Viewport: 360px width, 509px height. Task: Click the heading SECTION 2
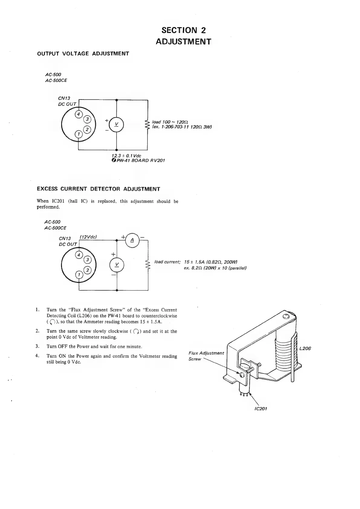coord(183,30)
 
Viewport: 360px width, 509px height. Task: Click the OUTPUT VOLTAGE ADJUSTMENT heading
coord(83,54)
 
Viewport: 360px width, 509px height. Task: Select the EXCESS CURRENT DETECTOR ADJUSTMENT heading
coord(98,189)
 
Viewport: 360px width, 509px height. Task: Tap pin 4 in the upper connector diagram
coord(79,114)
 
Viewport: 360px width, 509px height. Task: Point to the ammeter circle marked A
coord(132,240)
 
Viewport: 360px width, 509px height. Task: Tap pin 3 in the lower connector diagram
coord(88,260)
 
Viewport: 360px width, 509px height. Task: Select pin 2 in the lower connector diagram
coord(87,270)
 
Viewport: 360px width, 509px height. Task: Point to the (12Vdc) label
coord(88,237)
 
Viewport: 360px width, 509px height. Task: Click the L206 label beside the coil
coord(305,348)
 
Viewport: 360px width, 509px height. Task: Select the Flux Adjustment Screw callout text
coord(206,356)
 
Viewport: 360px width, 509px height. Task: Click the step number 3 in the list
coord(37,346)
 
